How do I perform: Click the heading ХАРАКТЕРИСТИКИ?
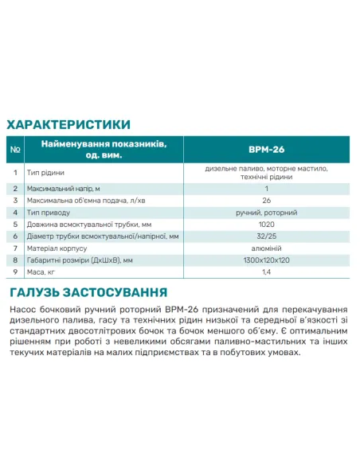click(68, 124)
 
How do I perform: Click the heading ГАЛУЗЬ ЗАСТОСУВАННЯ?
click(87, 291)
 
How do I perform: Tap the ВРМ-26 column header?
click(266, 147)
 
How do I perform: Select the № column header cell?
click(16, 147)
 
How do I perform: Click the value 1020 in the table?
click(266, 225)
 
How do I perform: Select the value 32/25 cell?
click(266, 236)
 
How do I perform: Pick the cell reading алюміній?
click(266, 248)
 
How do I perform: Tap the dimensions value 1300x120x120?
click(266, 260)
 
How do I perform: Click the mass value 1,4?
click(266, 272)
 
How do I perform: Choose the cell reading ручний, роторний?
click(266, 213)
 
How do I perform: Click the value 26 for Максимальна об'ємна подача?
click(266, 201)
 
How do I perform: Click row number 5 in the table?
click(16, 225)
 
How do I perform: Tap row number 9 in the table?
click(16, 272)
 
